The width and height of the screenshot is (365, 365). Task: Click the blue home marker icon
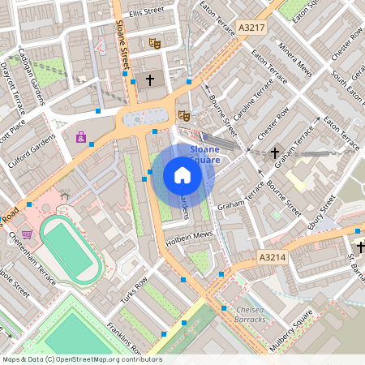[x=182, y=174]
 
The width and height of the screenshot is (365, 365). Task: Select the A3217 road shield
[x=252, y=28]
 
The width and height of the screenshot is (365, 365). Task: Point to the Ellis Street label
[x=146, y=11]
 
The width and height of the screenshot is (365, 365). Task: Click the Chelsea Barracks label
[x=247, y=314]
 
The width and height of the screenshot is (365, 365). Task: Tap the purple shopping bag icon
[x=81, y=137]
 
